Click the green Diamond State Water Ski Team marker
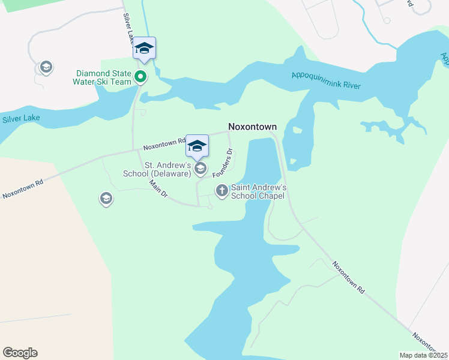tap(140, 76)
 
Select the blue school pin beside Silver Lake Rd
tap(144, 48)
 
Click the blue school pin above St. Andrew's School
tap(197, 146)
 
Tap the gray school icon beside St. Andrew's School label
tap(200, 168)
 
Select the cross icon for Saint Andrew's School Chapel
tap(221, 191)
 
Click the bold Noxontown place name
tap(252, 127)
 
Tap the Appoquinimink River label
tap(326, 80)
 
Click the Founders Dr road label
tap(223, 162)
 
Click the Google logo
tap(20, 353)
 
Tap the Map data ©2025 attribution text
tap(424, 355)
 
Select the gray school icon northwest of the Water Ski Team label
tap(46, 67)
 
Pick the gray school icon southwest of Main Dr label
tap(106, 199)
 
